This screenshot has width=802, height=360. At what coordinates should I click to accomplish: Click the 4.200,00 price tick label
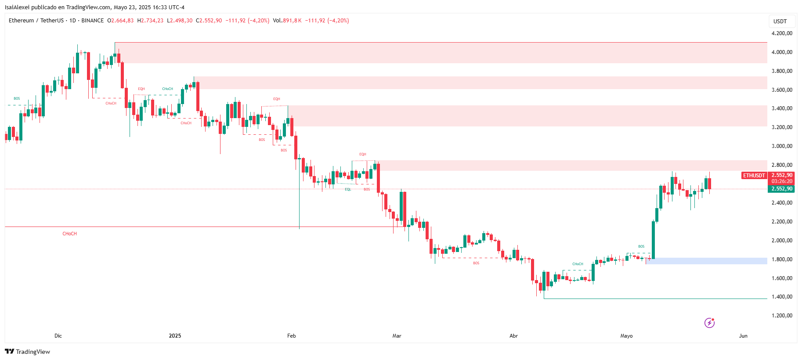click(782, 33)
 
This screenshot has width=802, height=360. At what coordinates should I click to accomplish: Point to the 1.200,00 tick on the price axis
click(782, 316)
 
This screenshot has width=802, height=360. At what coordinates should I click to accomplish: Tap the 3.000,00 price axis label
click(782, 146)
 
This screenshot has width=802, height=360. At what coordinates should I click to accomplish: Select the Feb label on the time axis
click(292, 336)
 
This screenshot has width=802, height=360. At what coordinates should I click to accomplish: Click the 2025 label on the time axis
click(175, 336)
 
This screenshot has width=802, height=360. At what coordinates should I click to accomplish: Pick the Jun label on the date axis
click(743, 336)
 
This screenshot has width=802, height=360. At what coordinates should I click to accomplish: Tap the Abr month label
click(513, 336)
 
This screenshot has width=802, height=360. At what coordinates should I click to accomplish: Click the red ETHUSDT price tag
click(754, 176)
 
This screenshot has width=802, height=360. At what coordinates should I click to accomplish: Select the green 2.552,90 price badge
click(782, 189)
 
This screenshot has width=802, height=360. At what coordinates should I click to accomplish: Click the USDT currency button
click(780, 22)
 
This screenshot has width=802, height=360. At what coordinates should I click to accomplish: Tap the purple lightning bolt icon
click(709, 323)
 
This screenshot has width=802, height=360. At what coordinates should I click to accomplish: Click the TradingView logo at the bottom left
click(28, 352)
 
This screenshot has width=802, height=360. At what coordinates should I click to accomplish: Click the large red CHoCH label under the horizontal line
click(70, 234)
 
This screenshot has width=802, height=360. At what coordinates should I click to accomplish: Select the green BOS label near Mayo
click(641, 247)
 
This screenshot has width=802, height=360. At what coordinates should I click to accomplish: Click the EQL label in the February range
click(348, 190)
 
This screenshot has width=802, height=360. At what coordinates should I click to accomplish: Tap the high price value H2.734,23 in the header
click(150, 21)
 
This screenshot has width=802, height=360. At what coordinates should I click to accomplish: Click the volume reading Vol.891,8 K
click(287, 21)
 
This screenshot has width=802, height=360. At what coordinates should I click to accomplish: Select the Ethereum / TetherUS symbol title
click(36, 21)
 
